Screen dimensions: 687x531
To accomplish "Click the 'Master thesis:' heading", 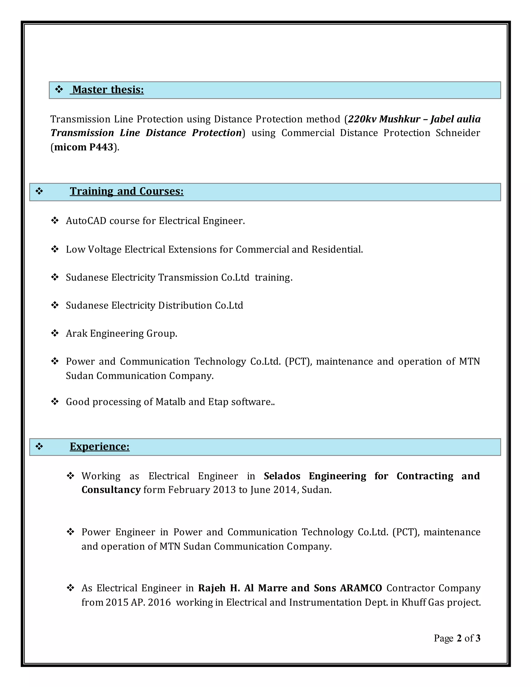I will pyautogui.click(x=108, y=90).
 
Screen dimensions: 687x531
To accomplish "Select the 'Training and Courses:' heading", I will pyautogui.click(x=127, y=192).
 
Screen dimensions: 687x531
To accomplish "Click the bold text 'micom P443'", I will pyautogui.click(x=84, y=147).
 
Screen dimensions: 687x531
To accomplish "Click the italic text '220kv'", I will pyautogui.click(x=362, y=119).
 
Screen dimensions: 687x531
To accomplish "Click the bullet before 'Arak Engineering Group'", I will pyautogui.click(x=55, y=333).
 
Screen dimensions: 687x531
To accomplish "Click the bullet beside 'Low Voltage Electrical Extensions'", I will pyautogui.click(x=55, y=249).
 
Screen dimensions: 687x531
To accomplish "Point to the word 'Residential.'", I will pyautogui.click(x=337, y=249).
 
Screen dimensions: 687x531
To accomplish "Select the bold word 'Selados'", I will pyautogui.click(x=282, y=476).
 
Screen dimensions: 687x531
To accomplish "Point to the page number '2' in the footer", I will pyautogui.click(x=459, y=638).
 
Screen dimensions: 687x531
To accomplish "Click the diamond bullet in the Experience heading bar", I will pyautogui.click(x=39, y=446).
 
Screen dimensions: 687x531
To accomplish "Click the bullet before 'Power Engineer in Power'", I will pyautogui.click(x=71, y=532).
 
